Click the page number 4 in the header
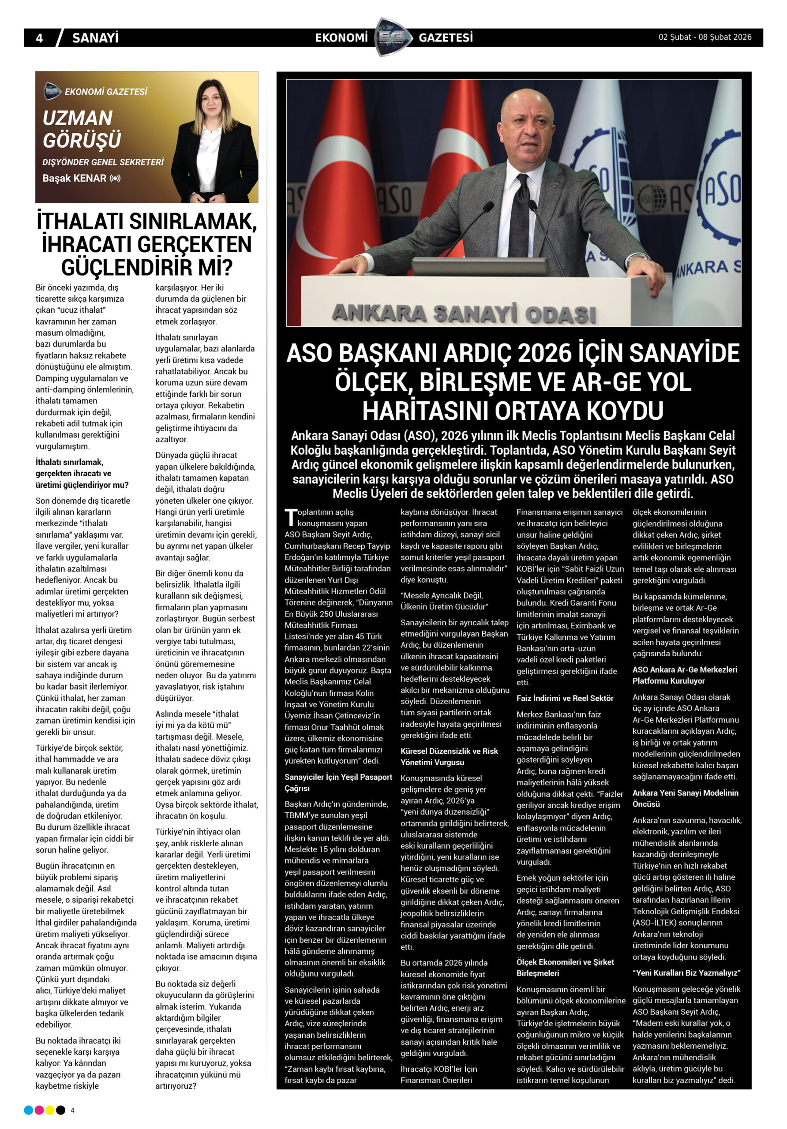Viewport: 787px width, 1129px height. click(39, 38)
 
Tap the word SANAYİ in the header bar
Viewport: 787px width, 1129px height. click(95, 38)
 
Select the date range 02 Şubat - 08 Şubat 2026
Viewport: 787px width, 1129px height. click(705, 37)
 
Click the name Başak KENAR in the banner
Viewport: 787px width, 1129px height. click(74, 178)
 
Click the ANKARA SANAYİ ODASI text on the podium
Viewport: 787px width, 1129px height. click(463, 313)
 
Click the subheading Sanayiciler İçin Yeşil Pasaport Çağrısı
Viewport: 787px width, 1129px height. click(338, 782)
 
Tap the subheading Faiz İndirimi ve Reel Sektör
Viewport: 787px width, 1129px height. click(565, 698)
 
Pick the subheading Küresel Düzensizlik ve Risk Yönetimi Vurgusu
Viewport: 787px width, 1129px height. click(449, 756)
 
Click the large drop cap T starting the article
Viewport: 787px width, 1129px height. click(291, 518)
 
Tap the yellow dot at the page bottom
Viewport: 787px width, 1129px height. click(50, 1110)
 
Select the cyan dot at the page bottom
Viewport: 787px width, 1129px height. click(29, 1110)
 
